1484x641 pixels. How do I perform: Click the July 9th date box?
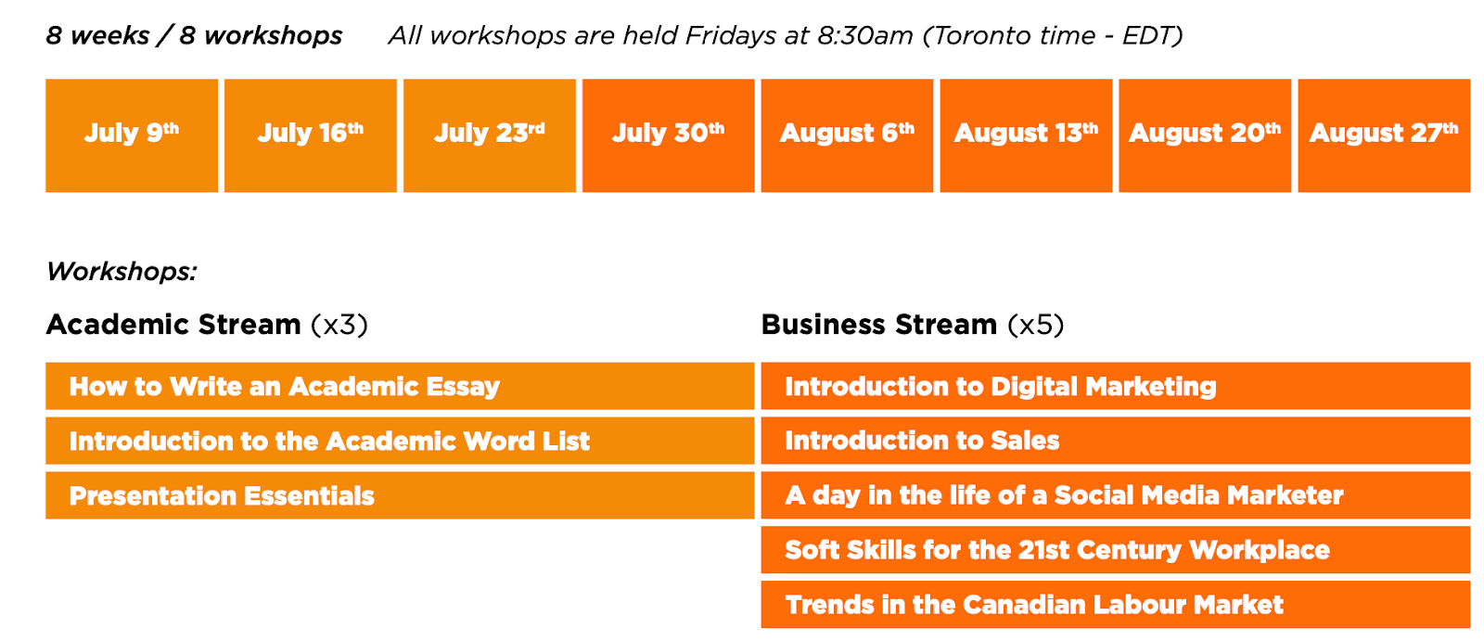(131, 135)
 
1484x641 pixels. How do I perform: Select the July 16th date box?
(311, 135)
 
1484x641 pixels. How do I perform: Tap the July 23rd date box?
(490, 135)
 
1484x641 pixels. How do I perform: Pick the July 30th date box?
(669, 135)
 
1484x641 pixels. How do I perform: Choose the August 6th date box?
(848, 135)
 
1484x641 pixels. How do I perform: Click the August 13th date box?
(1026, 135)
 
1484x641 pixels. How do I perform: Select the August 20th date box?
(1205, 135)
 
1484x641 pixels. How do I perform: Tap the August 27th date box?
(1384, 135)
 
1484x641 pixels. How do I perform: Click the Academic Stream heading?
(207, 325)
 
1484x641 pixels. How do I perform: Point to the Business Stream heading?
(913, 325)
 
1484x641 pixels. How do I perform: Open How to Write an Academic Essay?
(400, 386)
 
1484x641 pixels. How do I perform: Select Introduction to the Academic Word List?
(400, 441)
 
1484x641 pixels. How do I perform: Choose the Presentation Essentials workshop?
(400, 495)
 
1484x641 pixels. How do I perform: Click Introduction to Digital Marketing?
(1116, 386)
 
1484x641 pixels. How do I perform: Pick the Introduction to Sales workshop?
(1116, 441)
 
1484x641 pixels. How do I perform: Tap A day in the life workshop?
(1116, 495)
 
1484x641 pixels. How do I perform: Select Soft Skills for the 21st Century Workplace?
(1116, 549)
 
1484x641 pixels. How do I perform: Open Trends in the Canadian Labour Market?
(1116, 605)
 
